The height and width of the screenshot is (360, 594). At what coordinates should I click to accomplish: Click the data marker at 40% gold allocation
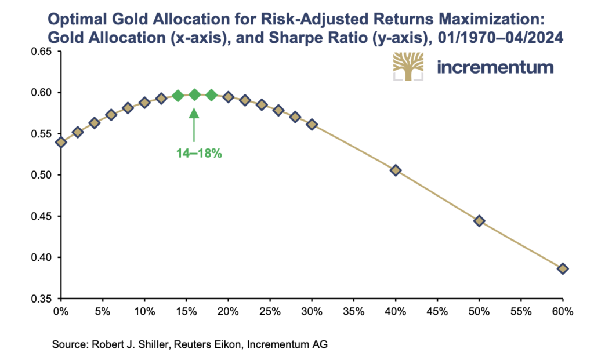pyautogui.click(x=396, y=170)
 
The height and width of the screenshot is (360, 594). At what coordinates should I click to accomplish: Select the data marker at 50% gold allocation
pyautogui.click(x=479, y=221)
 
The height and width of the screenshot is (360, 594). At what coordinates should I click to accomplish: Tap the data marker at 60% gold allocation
pyautogui.click(x=563, y=268)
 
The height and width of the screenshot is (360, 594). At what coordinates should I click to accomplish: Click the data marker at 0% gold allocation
pyautogui.click(x=61, y=142)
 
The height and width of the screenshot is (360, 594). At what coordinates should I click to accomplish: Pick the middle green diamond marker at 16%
pyautogui.click(x=195, y=94)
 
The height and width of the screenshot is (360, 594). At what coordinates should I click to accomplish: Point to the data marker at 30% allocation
pyautogui.click(x=312, y=124)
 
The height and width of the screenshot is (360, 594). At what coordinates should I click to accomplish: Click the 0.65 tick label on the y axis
pyautogui.click(x=41, y=52)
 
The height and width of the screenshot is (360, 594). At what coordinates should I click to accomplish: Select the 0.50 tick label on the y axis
pyautogui.click(x=41, y=175)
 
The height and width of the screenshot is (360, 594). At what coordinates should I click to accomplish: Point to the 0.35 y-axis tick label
pyautogui.click(x=41, y=299)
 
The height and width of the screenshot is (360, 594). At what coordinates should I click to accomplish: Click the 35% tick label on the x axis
pyautogui.click(x=353, y=312)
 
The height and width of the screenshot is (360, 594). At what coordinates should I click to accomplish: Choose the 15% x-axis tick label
pyautogui.click(x=186, y=312)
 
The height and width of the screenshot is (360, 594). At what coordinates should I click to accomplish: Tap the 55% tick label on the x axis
pyautogui.click(x=520, y=312)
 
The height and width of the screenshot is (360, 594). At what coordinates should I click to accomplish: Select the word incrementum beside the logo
pyautogui.click(x=495, y=67)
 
